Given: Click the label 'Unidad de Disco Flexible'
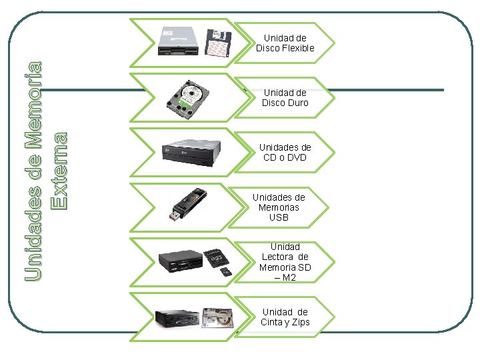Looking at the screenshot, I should point(285,43).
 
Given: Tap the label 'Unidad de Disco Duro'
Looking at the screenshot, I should point(285,98).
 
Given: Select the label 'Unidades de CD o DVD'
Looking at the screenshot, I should point(285,152).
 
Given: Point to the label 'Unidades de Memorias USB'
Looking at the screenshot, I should point(279,207).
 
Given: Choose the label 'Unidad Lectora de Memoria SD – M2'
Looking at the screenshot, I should point(285,261).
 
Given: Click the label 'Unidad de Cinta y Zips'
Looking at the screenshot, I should point(285,317).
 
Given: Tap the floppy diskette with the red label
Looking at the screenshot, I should point(218,44).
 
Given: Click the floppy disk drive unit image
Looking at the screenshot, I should point(179,42).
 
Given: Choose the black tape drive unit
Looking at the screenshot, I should point(177,319).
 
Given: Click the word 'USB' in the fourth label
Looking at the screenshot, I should point(279,217).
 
